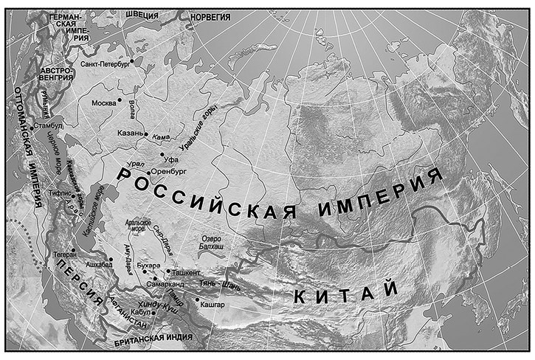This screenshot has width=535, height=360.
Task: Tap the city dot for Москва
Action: tap(120, 100)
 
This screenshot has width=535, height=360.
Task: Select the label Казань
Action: tap(131, 134)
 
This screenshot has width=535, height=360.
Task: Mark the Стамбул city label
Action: tap(49, 126)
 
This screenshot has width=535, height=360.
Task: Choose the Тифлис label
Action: tap(61, 190)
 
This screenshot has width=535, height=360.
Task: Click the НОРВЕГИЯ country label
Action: tap(210, 16)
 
